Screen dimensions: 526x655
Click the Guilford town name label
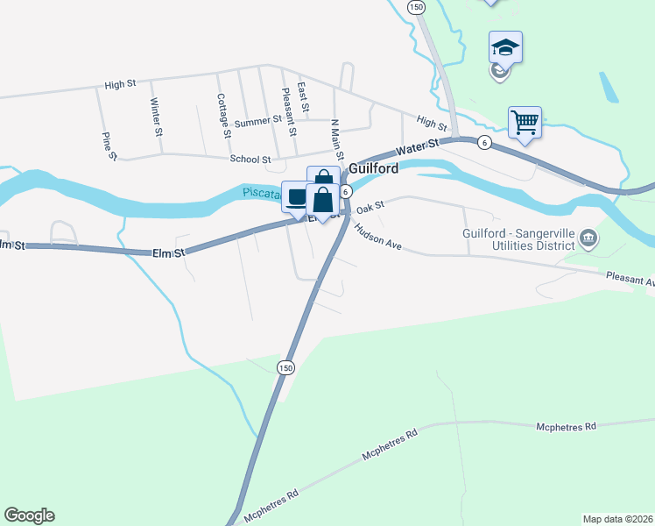[374, 168]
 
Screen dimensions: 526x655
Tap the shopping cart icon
[525, 122]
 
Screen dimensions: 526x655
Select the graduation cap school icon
[505, 46]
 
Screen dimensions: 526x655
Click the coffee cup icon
[296, 195]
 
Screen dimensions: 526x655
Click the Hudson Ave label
[377, 236]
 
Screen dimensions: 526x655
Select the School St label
[250, 160]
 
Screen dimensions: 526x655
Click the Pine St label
[109, 146]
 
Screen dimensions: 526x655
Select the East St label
[302, 99]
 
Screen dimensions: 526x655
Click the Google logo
[29, 515]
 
